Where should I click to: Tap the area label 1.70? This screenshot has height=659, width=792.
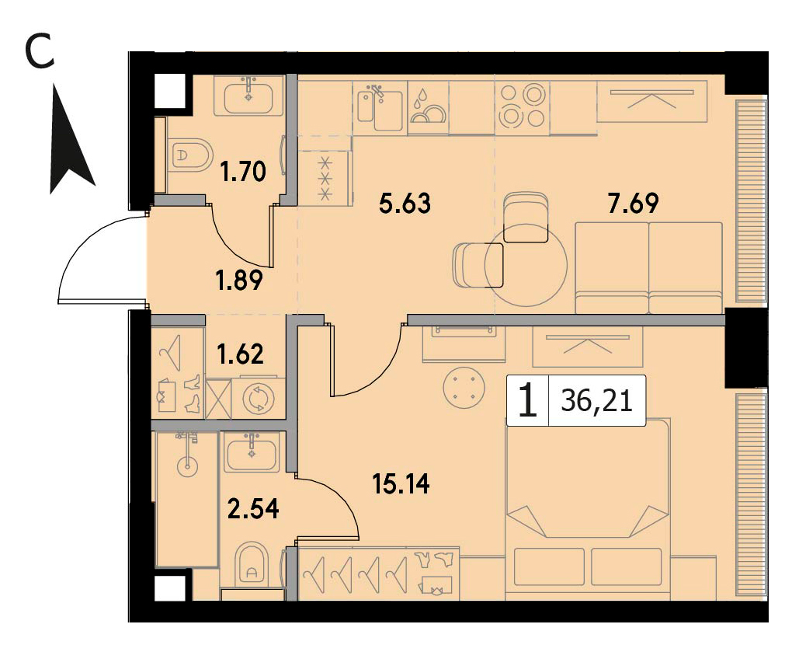coord(243,172)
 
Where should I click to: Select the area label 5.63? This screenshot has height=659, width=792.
coord(405,203)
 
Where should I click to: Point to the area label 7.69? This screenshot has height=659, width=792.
coord(634,203)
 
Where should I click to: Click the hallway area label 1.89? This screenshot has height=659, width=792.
coord(239,281)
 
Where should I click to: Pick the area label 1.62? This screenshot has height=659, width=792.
coord(240,354)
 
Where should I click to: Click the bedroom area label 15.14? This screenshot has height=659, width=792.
coord(401,483)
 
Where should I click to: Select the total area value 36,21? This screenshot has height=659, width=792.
coord(596,401)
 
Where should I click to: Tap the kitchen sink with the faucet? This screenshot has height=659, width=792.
coord(380,107)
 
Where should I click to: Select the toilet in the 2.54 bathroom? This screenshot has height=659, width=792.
coord(252,563)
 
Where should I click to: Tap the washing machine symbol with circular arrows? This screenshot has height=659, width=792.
coord(258,398)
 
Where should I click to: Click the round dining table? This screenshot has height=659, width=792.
coord(526,265)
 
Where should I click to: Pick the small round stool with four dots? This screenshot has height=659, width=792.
coord(464,388)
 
